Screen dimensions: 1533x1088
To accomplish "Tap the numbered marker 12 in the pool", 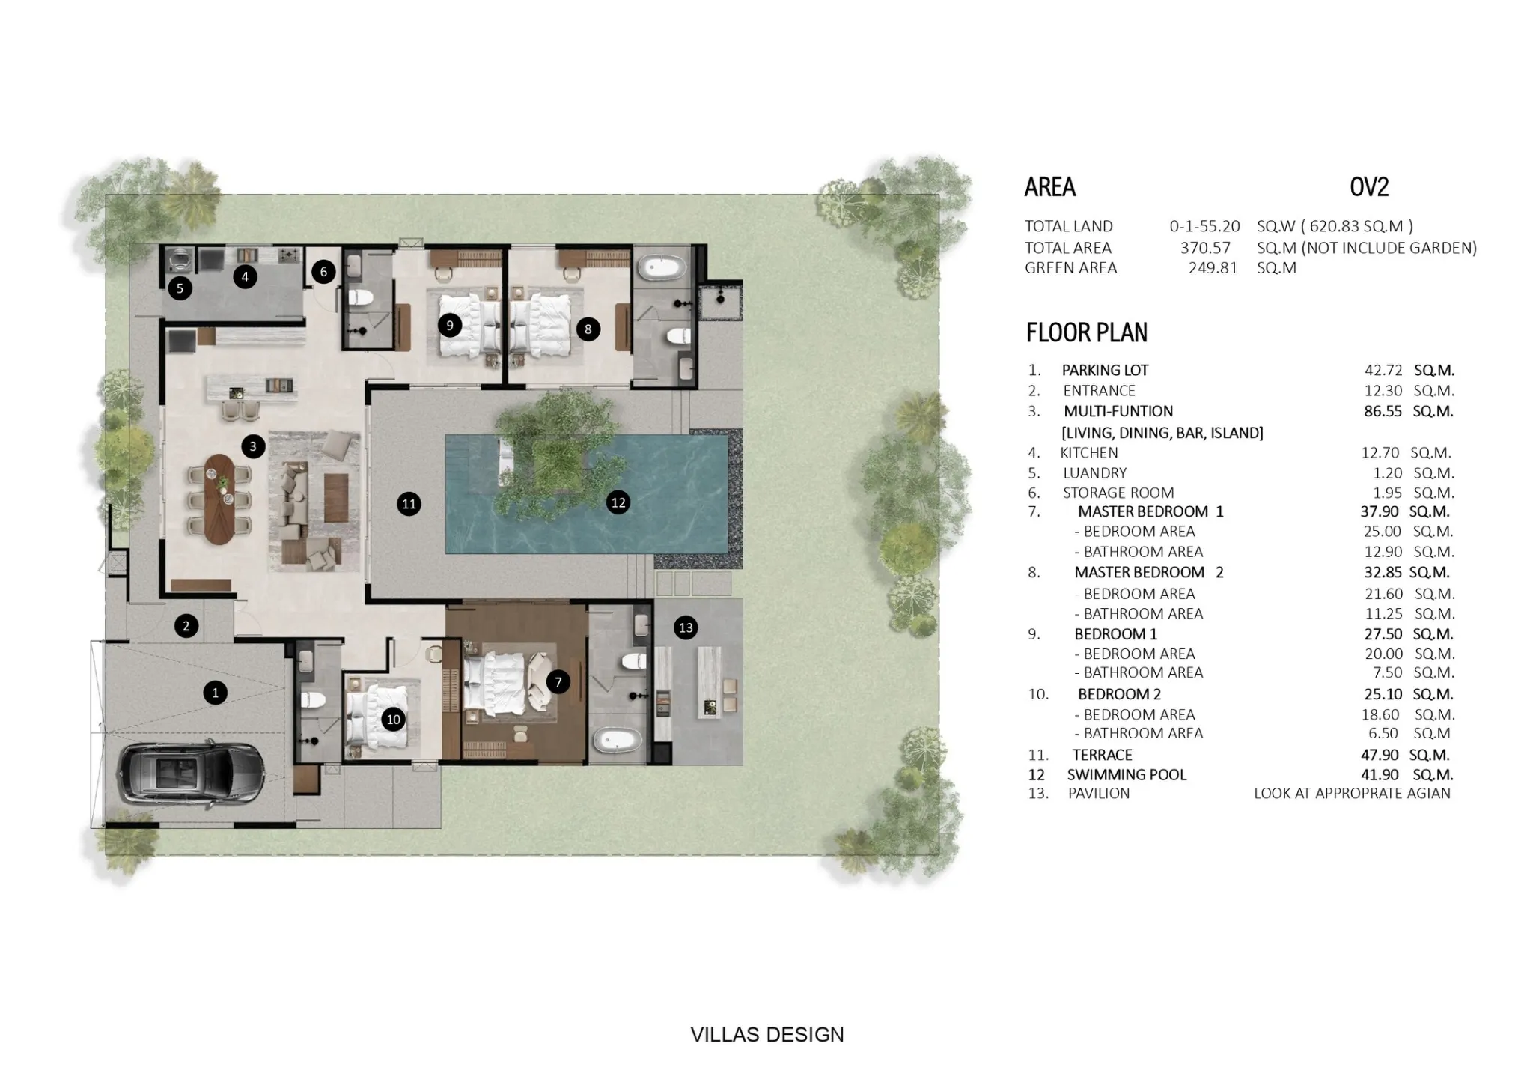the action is click(618, 502).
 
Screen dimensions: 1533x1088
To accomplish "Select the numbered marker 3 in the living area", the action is click(253, 446).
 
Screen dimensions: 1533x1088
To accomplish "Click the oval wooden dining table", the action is click(219, 499).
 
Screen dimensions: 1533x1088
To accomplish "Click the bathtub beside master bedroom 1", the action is click(618, 741).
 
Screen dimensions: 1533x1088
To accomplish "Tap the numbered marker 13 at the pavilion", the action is click(686, 627).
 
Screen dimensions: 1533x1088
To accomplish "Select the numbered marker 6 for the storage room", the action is click(323, 271).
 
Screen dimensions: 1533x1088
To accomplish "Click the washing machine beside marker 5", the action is click(180, 259).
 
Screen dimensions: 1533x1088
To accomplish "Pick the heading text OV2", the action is click(1369, 187).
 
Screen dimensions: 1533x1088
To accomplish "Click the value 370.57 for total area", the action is click(1205, 248).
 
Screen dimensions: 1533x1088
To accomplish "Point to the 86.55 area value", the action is click(1383, 411).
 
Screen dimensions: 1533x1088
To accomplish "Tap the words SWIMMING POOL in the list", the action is click(1127, 775).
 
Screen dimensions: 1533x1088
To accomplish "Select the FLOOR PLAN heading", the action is click(1087, 332).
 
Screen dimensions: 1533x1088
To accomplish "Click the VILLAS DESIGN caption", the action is click(767, 1035).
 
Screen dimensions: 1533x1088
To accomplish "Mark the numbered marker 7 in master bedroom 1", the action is click(558, 681).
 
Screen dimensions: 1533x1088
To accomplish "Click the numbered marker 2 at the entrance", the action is click(186, 625).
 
